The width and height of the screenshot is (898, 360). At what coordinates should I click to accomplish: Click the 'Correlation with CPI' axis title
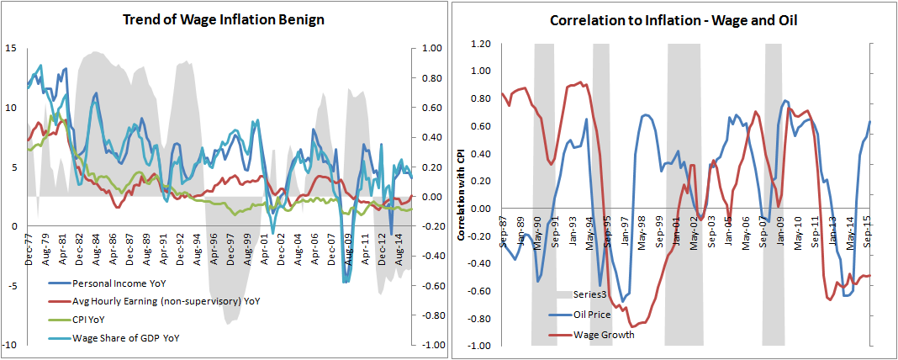coord(462,196)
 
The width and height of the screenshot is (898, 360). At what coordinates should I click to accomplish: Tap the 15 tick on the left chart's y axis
coord(10,48)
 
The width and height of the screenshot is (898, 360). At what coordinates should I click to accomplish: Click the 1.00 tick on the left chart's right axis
coord(431,49)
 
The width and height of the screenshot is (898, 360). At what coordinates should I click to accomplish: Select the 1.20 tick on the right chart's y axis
coord(479,43)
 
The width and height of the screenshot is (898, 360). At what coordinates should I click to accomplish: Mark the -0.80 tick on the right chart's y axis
coord(478,318)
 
